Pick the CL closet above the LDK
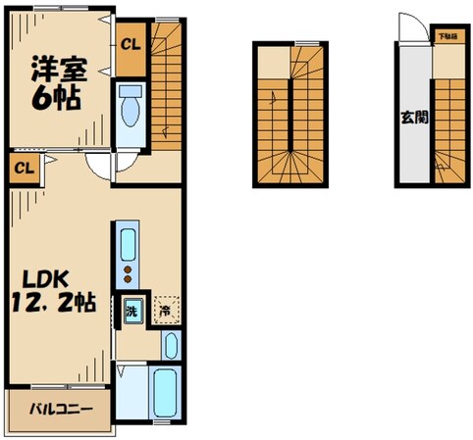[25, 167]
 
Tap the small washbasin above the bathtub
[171, 345]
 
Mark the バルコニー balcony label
[54, 407]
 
